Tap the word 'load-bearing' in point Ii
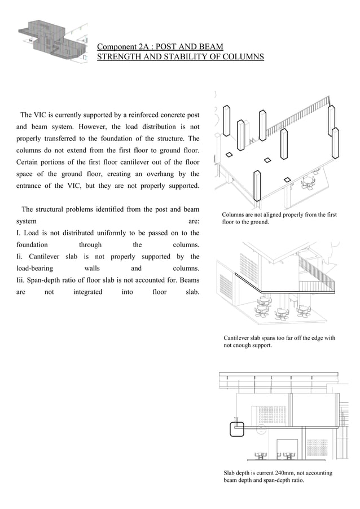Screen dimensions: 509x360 click(x=34, y=269)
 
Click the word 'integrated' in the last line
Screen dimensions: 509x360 click(x=88, y=292)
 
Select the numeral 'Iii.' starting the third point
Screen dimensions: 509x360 click(x=21, y=280)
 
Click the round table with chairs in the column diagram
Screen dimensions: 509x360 click(x=308, y=182)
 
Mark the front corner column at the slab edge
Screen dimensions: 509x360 click(x=258, y=187)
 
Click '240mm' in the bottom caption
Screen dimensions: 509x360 click(x=279, y=473)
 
